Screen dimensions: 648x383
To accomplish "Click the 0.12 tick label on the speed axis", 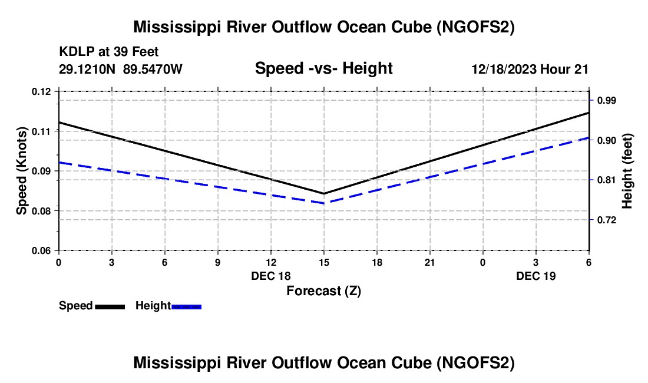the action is click(x=41, y=91).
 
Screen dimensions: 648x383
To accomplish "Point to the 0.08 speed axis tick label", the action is click(x=41, y=211).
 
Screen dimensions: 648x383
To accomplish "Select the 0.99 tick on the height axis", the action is click(x=607, y=101).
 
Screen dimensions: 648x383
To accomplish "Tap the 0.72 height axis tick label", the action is click(x=607, y=220).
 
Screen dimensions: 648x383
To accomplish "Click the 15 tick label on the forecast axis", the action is click(x=323, y=262).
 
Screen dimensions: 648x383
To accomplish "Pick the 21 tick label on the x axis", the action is click(x=430, y=262).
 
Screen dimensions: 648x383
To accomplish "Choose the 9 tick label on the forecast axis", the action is click(x=218, y=262).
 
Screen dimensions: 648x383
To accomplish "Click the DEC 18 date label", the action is click(x=271, y=276).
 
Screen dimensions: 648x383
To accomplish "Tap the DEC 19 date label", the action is click(x=535, y=276).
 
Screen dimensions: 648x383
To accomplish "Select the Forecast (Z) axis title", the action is click(x=323, y=291).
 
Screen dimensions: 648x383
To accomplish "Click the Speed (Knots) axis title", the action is click(x=21, y=171).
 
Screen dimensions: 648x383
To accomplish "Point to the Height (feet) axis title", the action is click(x=627, y=171).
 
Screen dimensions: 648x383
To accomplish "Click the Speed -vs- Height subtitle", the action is click(x=323, y=68).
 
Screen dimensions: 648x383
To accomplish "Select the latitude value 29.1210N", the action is click(x=87, y=69).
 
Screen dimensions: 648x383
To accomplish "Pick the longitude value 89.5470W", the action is click(x=153, y=69).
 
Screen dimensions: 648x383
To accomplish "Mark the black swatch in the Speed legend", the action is click(x=110, y=307).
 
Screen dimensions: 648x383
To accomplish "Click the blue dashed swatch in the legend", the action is click(x=186, y=307).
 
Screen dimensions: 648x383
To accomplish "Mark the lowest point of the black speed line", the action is click(x=323, y=193).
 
